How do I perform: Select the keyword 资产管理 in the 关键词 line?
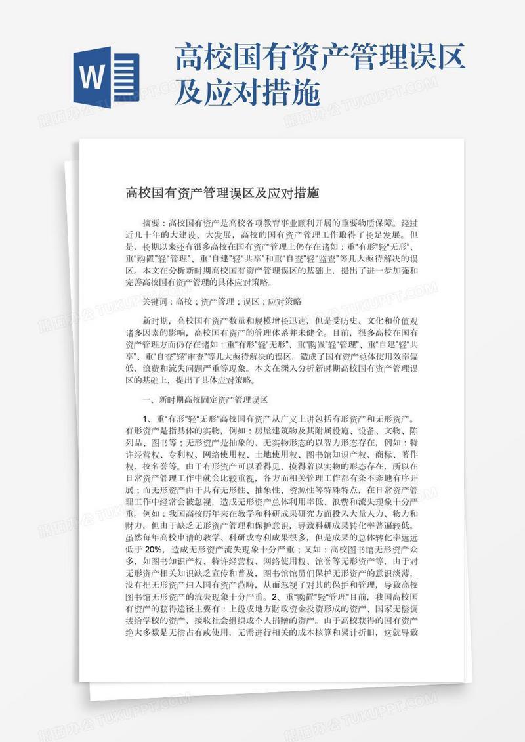tap(217, 302)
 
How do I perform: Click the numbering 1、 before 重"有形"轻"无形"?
tap(146, 418)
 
